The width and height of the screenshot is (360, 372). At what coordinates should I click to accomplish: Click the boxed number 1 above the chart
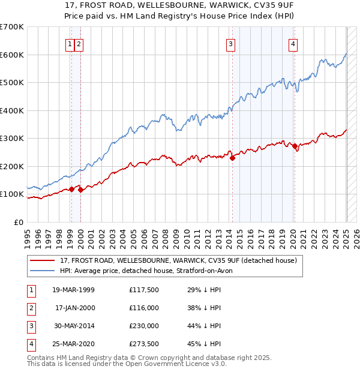click(70, 43)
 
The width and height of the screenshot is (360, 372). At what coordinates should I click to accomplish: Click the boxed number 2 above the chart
click(79, 43)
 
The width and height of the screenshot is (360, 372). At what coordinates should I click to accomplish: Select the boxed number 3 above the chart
click(231, 43)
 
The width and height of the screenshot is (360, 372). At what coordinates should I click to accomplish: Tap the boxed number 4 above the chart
click(293, 43)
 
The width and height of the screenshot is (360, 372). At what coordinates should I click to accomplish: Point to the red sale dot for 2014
click(233, 158)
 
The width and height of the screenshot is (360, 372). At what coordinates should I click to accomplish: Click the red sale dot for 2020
click(295, 146)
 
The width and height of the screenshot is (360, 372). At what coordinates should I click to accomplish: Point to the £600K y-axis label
click(12, 55)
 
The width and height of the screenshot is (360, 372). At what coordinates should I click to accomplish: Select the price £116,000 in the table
click(144, 308)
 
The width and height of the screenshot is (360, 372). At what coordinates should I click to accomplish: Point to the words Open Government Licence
click(171, 364)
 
